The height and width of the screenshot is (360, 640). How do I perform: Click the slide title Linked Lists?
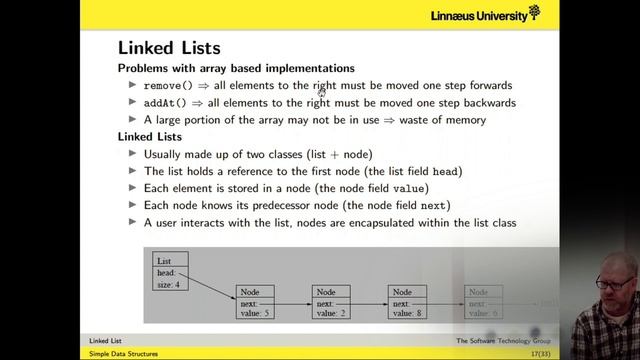[169, 47]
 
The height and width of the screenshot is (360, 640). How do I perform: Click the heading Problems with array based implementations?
[236, 68]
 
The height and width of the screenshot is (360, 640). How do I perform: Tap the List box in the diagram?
[171, 273]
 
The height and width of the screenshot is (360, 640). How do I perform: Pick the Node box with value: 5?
[255, 303]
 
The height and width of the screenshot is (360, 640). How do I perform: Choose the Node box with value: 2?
[332, 303]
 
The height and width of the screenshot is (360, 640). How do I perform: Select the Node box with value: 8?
[408, 303]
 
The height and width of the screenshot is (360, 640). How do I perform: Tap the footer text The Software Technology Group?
[503, 341]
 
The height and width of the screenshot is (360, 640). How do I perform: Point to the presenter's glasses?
[611, 284]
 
